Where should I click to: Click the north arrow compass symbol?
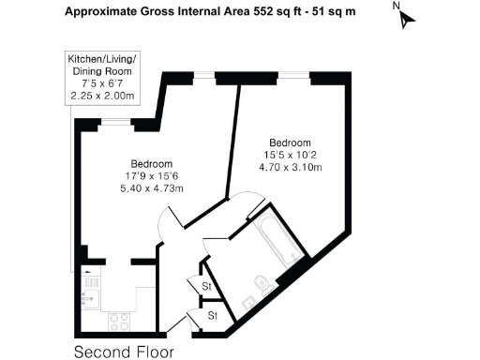point(406,19)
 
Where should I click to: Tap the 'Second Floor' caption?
point(124,352)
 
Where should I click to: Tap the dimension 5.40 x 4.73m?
point(152,188)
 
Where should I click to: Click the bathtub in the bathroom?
point(277,240)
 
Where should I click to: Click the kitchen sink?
point(91,299)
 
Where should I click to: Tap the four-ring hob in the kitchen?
point(120,320)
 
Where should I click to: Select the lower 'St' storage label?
point(212,315)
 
